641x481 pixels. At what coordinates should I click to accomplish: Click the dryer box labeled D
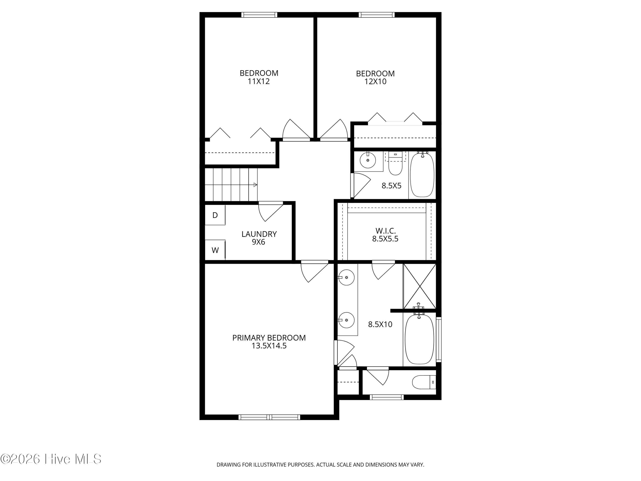point(215,215)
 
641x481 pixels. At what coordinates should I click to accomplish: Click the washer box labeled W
point(215,250)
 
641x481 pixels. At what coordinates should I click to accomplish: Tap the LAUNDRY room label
point(259,234)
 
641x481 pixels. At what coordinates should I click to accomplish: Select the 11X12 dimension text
point(259,81)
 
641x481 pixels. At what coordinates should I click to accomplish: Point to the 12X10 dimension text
point(375,82)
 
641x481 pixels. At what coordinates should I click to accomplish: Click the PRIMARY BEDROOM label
point(269,338)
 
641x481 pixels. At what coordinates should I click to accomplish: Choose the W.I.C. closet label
point(385,231)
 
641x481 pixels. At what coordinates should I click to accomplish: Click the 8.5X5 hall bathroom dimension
point(391,186)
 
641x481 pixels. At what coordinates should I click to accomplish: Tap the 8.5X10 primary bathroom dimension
point(380,324)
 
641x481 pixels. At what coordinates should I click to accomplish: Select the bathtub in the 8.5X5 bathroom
point(422,175)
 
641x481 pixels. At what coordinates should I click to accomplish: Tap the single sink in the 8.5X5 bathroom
point(368,160)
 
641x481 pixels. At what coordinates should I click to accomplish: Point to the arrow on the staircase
point(255,185)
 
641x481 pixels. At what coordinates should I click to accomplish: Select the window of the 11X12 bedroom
point(259,15)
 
